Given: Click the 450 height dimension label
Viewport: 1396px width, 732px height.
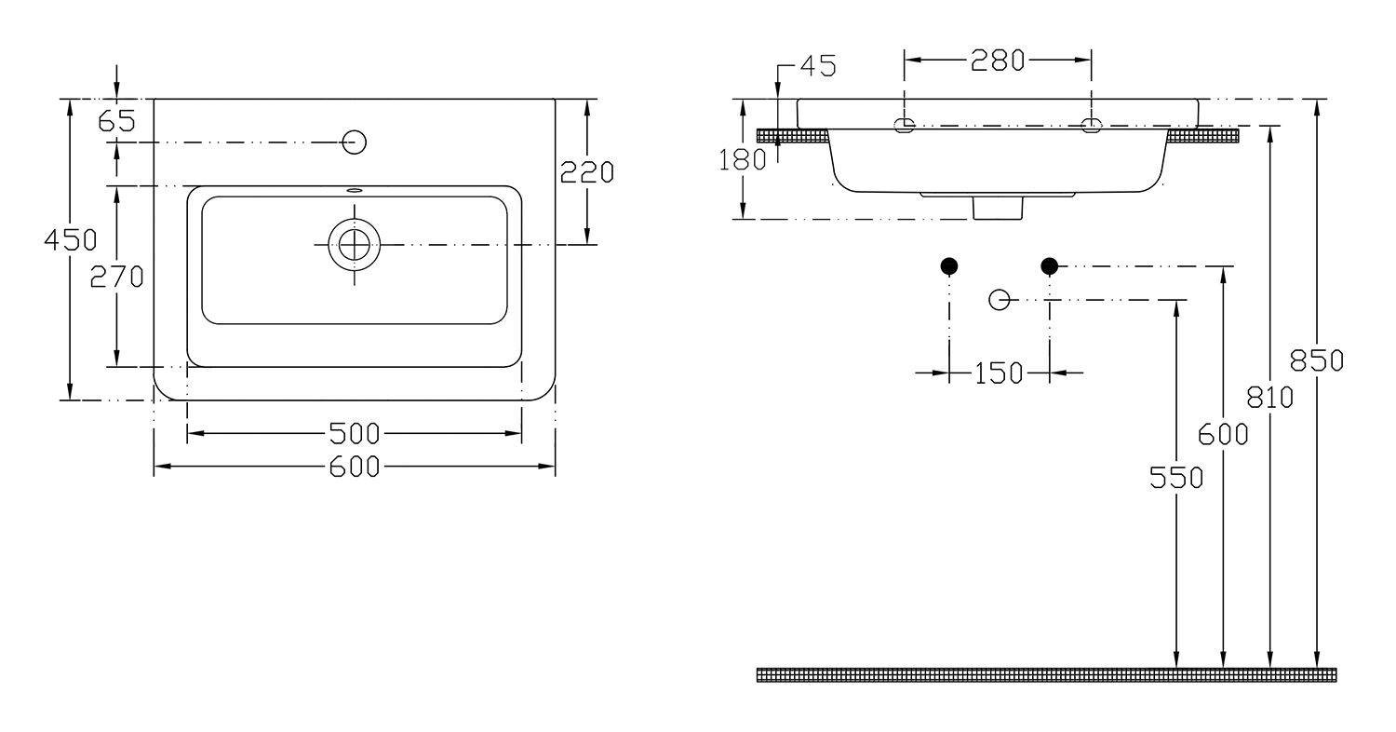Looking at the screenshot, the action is (71, 240).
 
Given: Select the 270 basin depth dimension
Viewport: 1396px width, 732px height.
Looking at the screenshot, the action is (116, 277).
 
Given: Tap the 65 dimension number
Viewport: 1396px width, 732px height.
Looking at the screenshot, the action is (116, 121).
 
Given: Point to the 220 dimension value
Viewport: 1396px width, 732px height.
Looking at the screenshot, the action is (587, 172).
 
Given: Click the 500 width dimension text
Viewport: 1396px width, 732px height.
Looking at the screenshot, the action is (354, 433).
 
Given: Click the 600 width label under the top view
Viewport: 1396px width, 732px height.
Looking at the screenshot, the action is (354, 467).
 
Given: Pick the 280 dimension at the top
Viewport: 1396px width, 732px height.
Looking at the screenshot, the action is (998, 61).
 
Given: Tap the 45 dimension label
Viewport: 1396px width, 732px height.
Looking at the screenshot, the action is (818, 65).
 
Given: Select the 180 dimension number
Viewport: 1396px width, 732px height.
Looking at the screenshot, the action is (743, 160).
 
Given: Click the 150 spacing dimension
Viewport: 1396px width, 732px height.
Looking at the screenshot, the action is (999, 373).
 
